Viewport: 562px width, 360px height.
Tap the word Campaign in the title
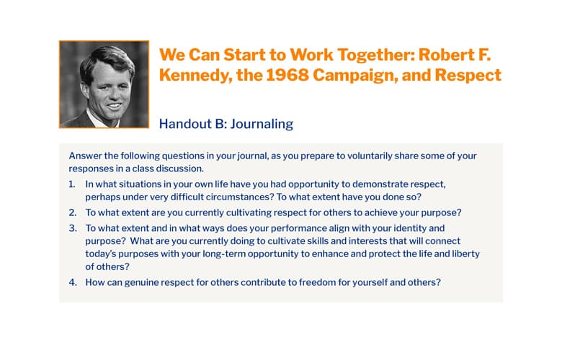354,76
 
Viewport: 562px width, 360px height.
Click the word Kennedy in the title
195,76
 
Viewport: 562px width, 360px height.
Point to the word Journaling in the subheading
262,125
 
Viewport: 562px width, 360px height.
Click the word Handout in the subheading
186,124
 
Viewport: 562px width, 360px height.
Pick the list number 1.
72,184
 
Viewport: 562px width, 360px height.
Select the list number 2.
73,213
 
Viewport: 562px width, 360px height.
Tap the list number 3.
73,228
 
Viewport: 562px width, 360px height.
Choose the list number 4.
73,283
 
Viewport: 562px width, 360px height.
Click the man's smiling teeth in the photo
114,106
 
